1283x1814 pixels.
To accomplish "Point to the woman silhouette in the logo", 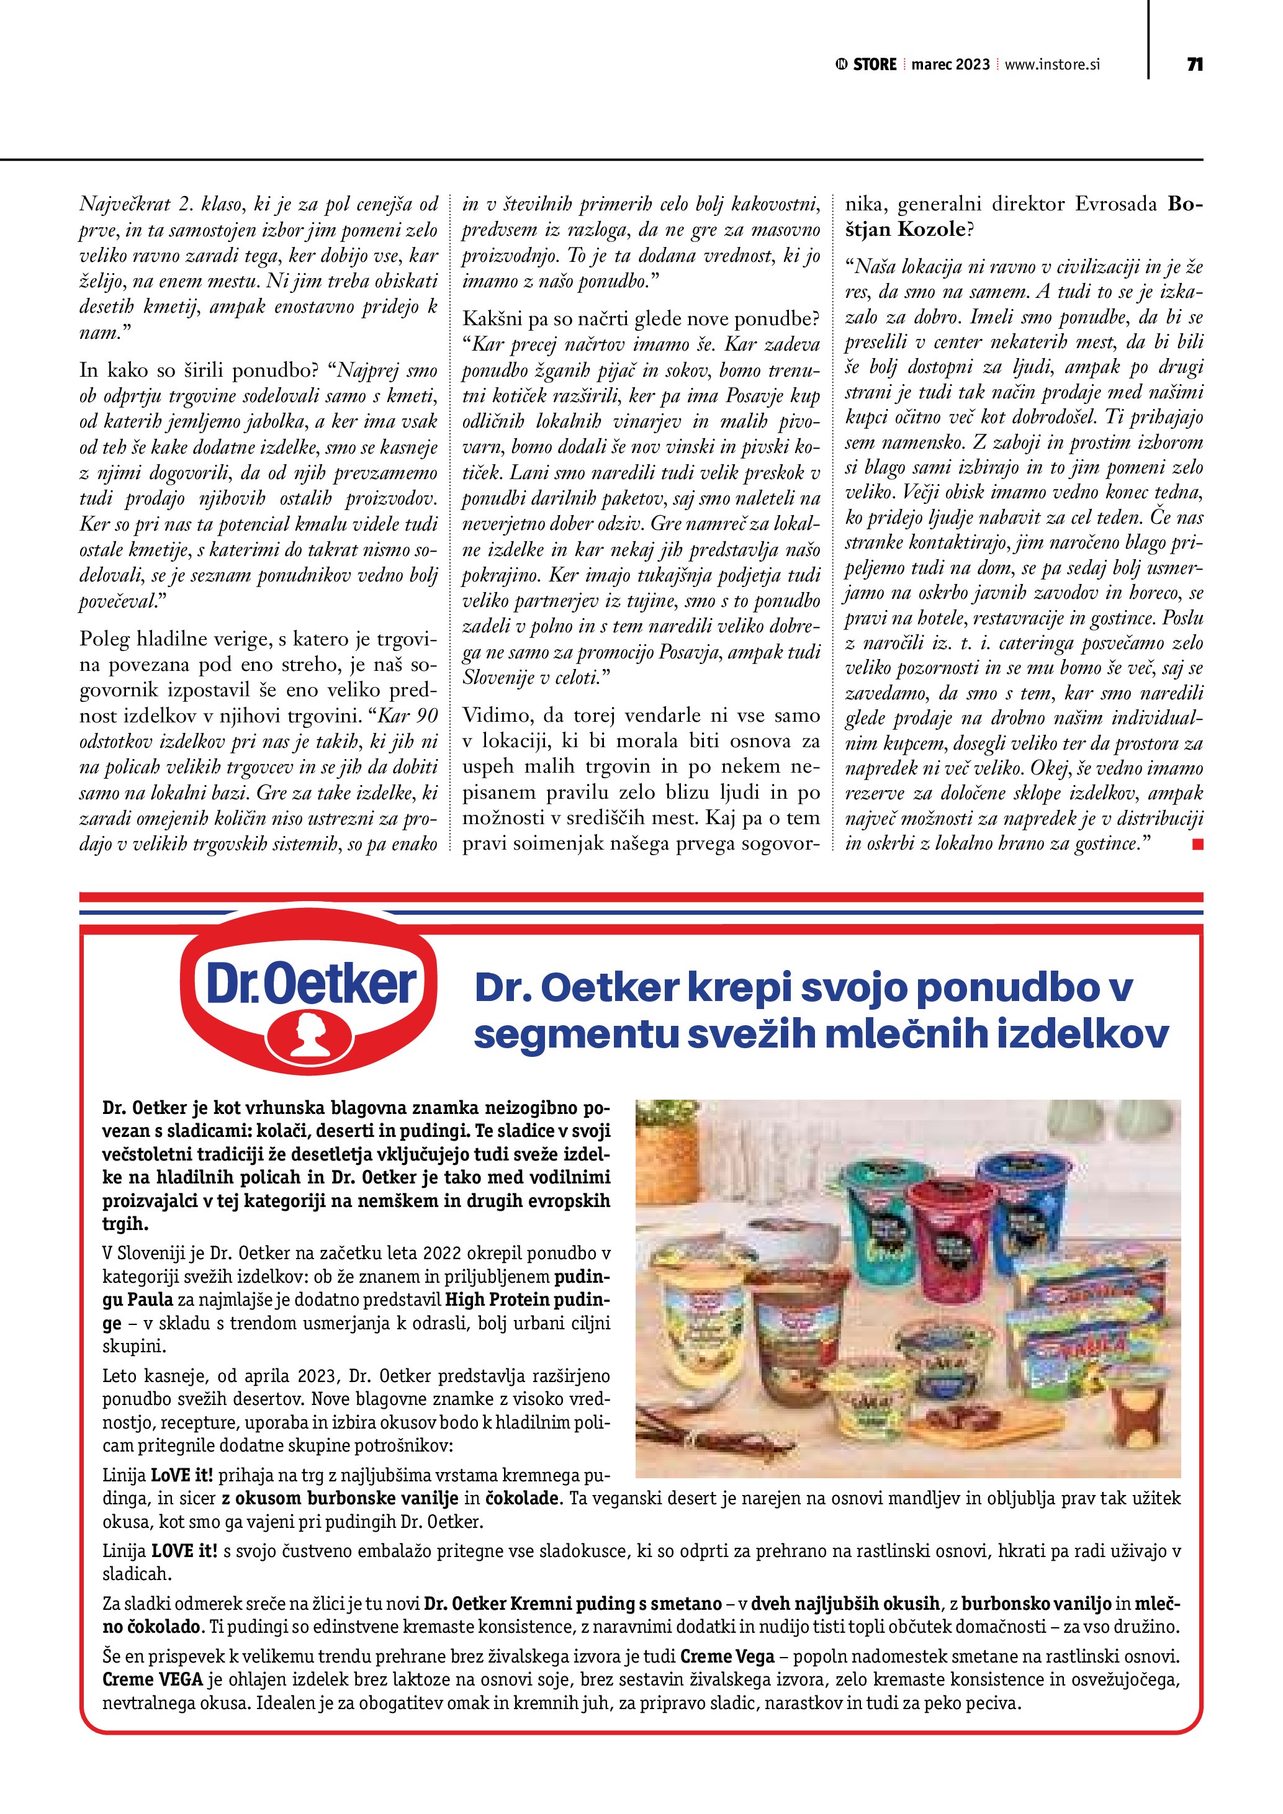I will [310, 1034].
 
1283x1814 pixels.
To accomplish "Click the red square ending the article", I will [1198, 845].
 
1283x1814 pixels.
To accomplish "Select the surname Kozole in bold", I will [932, 230].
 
